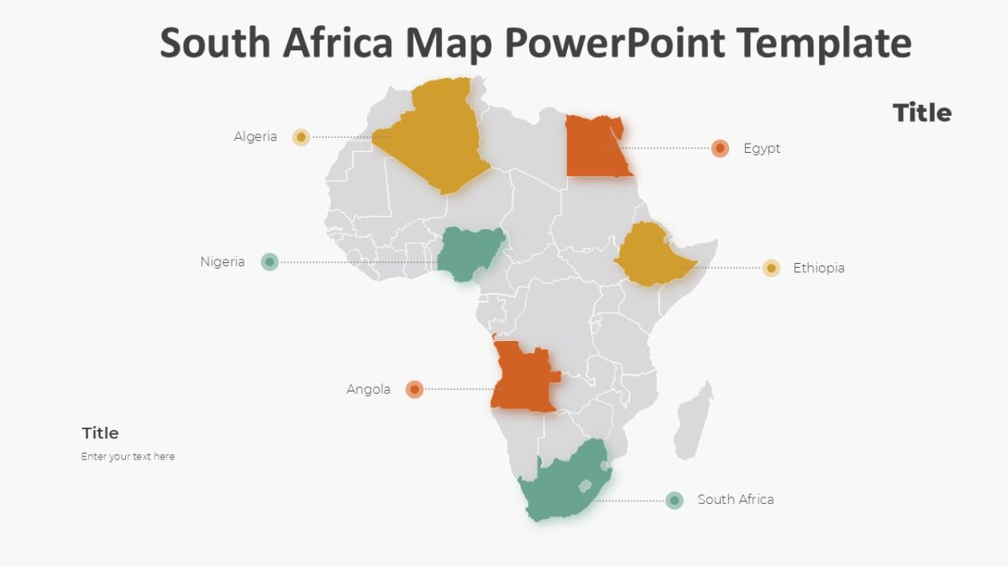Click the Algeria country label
coord(255,137)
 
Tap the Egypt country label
coord(762,149)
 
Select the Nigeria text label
coord(223,262)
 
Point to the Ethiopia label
coord(819,269)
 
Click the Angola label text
coord(368,390)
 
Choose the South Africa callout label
coord(736,500)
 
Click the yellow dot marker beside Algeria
coord(301,137)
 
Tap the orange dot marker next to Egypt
coord(720,149)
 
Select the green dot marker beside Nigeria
coord(270,262)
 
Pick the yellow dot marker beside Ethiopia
coord(771,268)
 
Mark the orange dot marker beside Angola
coord(414,389)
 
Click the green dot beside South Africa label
coord(675,501)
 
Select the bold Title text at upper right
coord(921,113)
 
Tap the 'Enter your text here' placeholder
coord(128,457)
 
